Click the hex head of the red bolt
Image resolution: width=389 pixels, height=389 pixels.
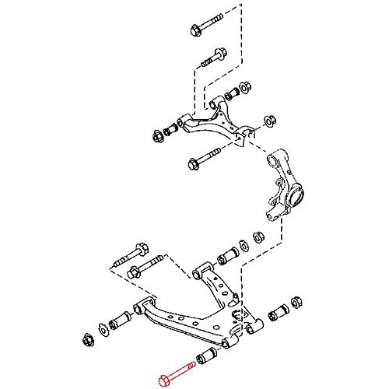click(x=162, y=380)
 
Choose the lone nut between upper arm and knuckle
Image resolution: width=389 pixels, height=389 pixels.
click(x=269, y=121)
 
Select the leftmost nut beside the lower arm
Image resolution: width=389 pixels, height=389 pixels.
click(x=86, y=338)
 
